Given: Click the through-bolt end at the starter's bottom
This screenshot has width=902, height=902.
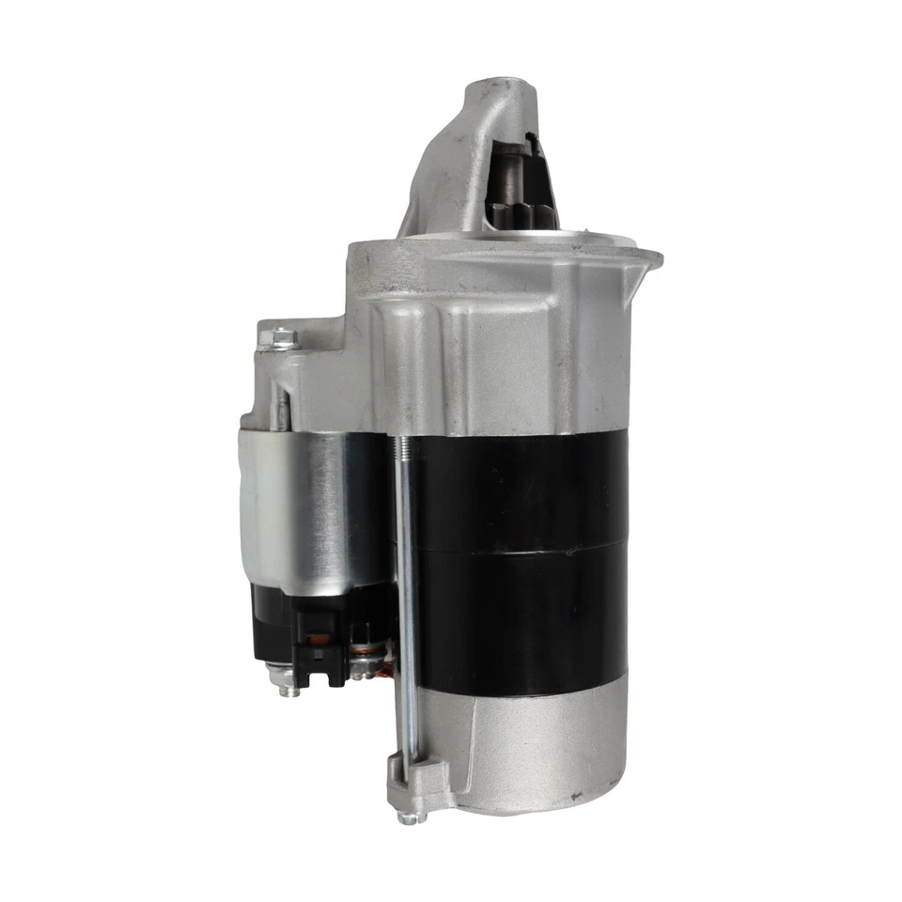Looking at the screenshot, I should (412, 816).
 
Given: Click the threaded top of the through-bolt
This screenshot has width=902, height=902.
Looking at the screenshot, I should (401, 460).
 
